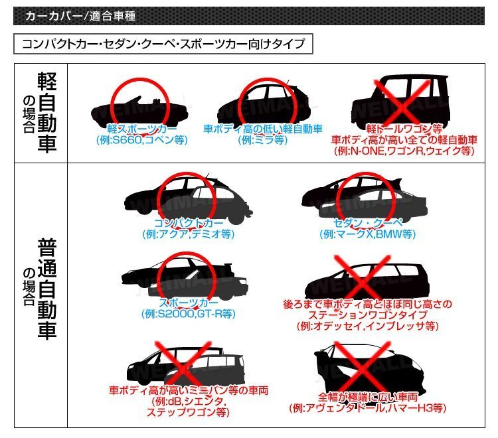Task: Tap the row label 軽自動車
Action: click(x=47, y=113)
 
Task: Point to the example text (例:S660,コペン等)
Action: click(x=141, y=140)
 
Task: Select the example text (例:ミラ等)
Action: click(x=262, y=140)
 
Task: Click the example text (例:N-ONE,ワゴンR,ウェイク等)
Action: click(x=404, y=151)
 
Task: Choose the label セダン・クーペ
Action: click(x=367, y=223)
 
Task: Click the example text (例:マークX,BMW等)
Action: click(x=367, y=234)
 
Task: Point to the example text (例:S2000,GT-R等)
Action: click(x=188, y=314)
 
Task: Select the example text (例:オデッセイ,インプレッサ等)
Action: click(x=367, y=326)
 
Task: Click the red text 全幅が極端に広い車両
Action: click(x=367, y=397)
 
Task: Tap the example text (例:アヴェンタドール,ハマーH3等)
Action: click(x=367, y=408)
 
